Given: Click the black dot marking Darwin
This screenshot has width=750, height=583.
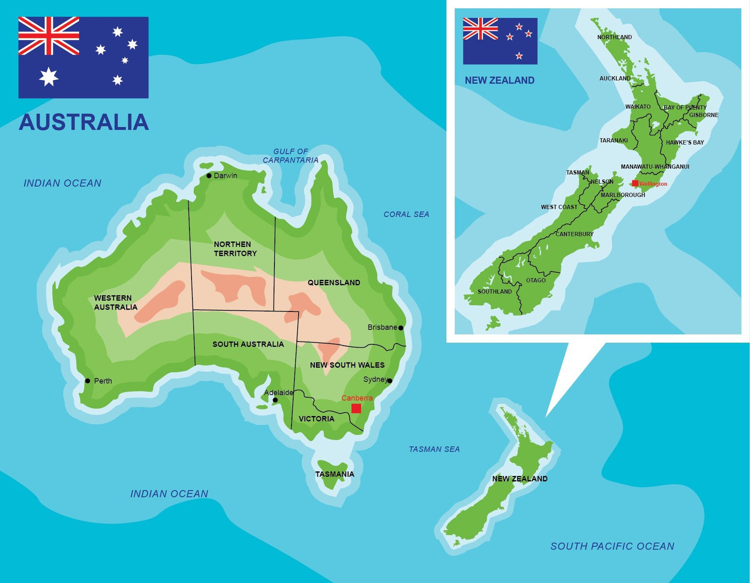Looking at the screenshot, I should [x=209, y=175].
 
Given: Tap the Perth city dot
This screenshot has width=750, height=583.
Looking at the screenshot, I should [x=87, y=381].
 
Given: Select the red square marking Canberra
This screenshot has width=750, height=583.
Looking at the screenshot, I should [x=356, y=408].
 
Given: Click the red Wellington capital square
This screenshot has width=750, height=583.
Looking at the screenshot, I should [x=635, y=183].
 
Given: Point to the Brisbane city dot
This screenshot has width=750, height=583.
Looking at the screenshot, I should [x=401, y=328].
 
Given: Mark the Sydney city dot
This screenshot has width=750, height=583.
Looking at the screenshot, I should [x=390, y=381].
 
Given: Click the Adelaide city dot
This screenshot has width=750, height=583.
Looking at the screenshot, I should [x=275, y=400].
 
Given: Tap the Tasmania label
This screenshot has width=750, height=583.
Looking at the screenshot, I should [x=334, y=474].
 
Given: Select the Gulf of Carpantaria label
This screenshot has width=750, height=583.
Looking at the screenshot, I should [x=290, y=155].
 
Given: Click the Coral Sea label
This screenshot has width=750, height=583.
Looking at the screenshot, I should [x=406, y=214].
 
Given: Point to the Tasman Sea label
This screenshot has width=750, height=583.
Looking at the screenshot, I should [x=434, y=449].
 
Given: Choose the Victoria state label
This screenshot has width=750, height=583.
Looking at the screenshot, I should [x=316, y=418].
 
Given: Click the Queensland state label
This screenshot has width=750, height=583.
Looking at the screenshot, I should [x=333, y=282].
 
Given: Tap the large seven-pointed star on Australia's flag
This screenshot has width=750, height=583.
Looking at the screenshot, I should [x=48, y=76].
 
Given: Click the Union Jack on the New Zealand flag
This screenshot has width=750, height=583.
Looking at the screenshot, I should [x=480, y=29].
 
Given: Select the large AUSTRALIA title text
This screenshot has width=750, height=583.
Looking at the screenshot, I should [x=83, y=122].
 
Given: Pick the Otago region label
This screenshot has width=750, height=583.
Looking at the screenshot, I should [x=535, y=280].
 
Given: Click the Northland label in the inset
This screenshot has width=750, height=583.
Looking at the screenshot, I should [x=614, y=37].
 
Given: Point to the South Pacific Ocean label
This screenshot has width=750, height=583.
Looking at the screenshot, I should [x=612, y=546].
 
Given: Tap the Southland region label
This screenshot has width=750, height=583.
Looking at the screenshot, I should [x=494, y=291].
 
